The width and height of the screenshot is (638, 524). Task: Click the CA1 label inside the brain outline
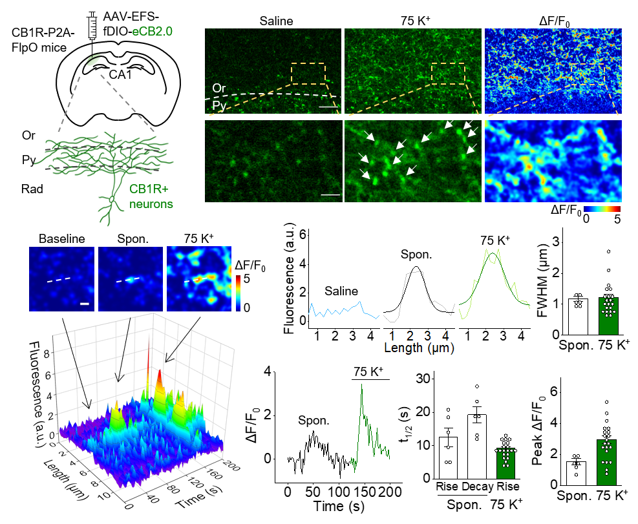click(118, 73)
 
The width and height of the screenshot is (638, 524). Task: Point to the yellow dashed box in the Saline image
click(308, 73)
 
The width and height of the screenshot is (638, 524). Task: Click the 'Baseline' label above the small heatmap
click(62, 238)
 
